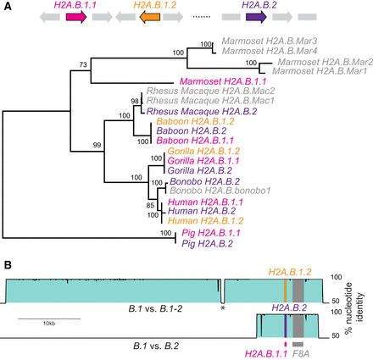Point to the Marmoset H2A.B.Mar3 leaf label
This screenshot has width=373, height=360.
tap(259, 41)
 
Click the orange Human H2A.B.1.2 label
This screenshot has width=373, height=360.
tap(186, 218)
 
